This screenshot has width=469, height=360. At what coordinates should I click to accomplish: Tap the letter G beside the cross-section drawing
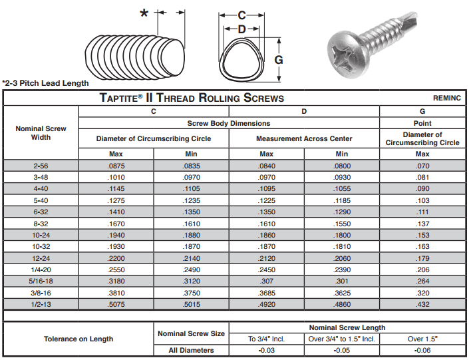(x=279, y=59)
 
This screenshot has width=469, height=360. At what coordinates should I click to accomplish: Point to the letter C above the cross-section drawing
(x=242, y=15)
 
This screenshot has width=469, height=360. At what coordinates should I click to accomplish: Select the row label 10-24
(x=41, y=236)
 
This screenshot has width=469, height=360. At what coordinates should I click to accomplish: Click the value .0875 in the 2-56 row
(x=116, y=164)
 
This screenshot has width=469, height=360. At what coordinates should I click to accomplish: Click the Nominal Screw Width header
(x=41, y=132)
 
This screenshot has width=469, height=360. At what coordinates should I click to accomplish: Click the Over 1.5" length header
(x=422, y=339)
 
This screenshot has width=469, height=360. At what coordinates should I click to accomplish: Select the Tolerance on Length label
(x=78, y=339)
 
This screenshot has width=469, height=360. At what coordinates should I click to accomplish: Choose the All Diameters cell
(x=191, y=351)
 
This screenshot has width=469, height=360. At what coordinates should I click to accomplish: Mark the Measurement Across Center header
(x=304, y=138)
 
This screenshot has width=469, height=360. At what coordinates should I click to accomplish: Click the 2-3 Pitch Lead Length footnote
(x=45, y=83)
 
